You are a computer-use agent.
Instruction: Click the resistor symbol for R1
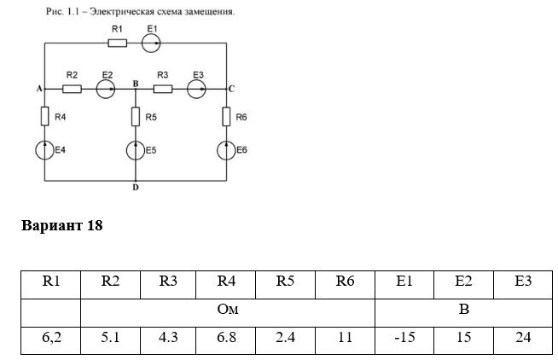117,43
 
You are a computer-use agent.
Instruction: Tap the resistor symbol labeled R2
72,89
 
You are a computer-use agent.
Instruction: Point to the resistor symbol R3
163,89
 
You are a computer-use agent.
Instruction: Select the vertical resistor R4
44,116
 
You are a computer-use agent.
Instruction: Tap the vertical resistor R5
136,116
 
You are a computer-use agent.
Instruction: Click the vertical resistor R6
226,116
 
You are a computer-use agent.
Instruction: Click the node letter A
39,89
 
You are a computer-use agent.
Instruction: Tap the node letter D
136,188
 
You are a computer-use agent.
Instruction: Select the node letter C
232,89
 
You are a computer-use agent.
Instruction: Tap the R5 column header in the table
285,285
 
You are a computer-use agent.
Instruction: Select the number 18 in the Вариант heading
95,225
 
